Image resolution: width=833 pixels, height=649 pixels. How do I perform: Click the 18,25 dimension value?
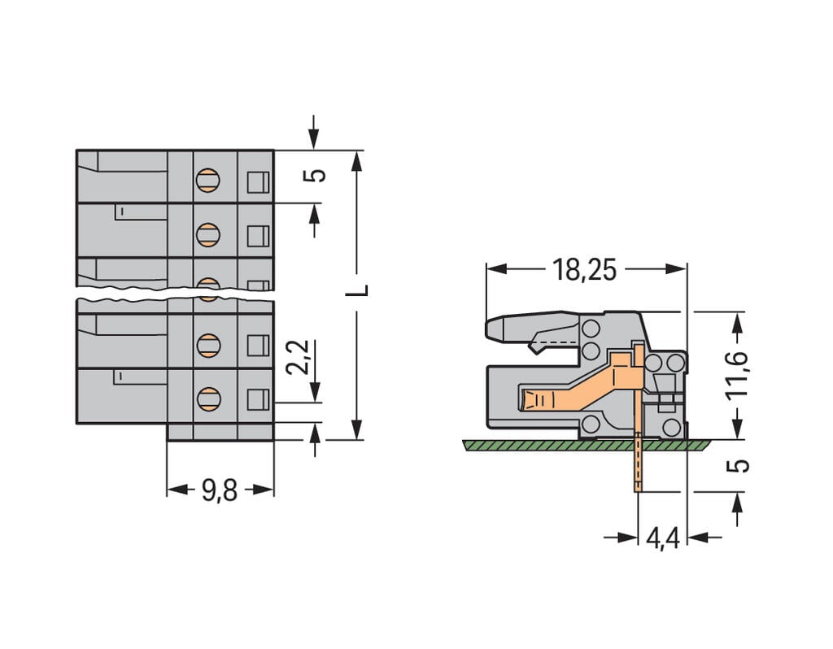coord(584,269)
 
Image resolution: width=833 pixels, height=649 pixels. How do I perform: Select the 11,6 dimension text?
coord(737,377)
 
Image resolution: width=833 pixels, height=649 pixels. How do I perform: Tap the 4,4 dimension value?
coord(662,538)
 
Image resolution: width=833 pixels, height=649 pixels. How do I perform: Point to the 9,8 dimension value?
coord(219,490)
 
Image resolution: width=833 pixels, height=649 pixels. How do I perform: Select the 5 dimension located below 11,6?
coord(737,465)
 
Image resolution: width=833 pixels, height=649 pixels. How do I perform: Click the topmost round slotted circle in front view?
coord(208,180)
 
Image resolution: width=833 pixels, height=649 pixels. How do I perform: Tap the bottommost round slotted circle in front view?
coord(208,399)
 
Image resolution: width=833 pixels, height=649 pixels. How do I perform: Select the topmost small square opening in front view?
coord(258,182)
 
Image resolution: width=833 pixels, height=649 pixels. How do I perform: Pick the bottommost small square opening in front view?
coord(258,399)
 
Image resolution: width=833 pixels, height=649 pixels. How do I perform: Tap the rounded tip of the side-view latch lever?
coord(492,328)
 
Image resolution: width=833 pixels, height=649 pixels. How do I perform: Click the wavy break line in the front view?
coord(175,294)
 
